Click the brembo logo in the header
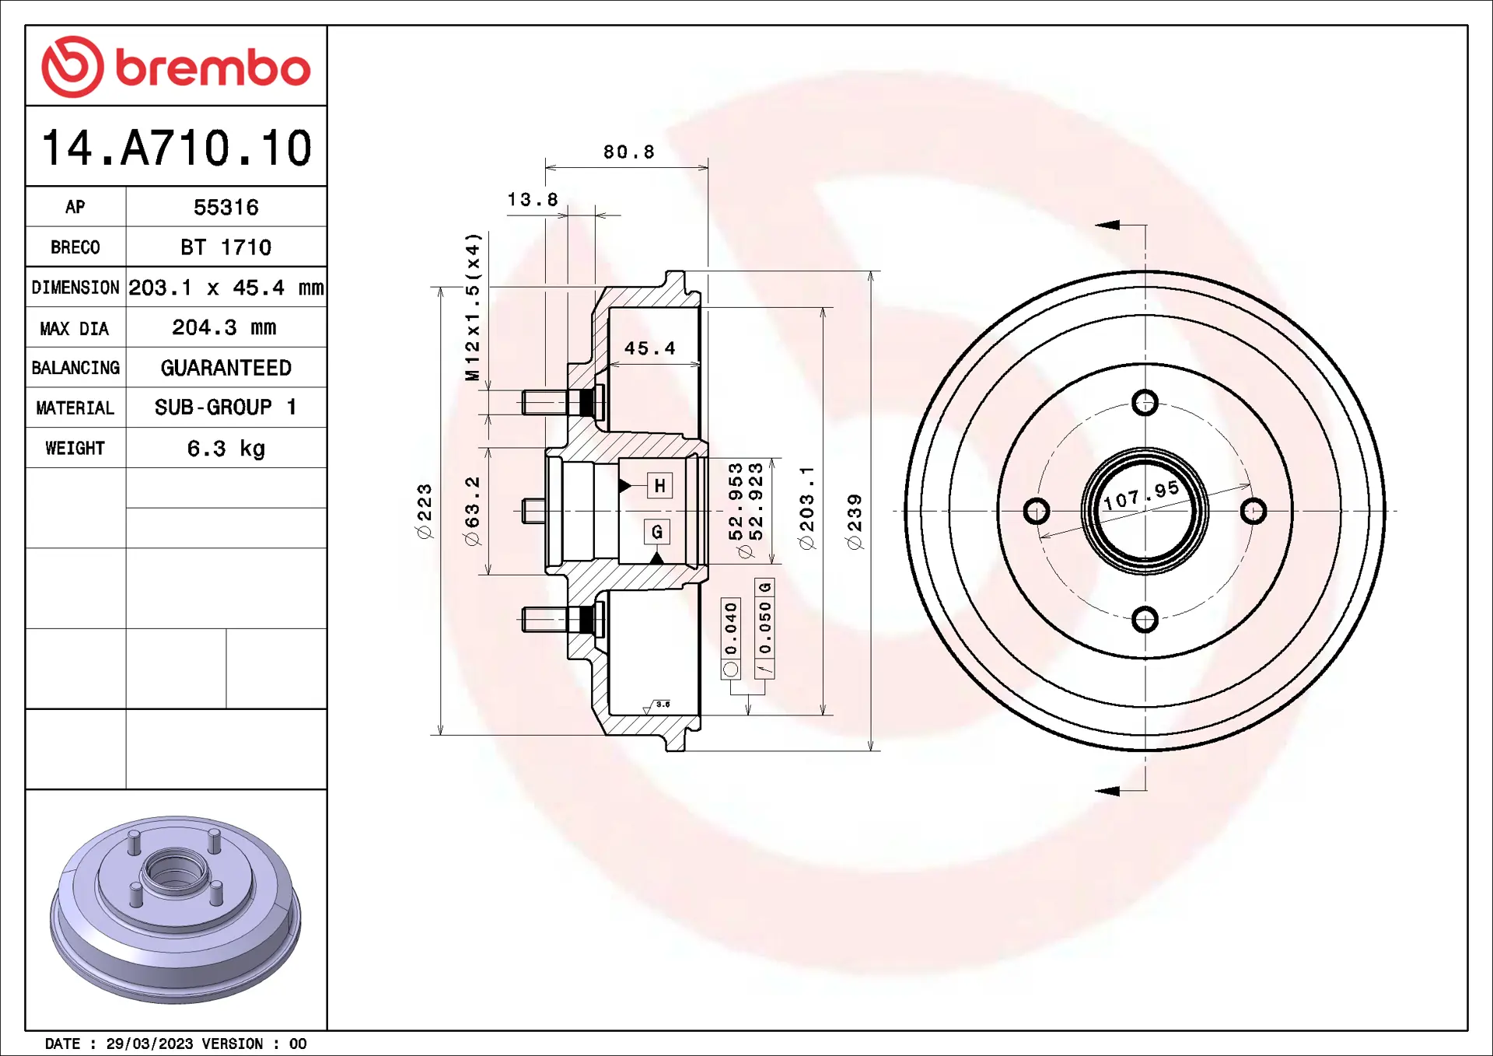(176, 67)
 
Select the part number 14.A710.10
(177, 148)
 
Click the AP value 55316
(226, 208)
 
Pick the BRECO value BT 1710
(226, 247)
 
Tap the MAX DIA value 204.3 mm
(224, 327)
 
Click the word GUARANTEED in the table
(226, 368)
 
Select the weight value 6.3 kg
(226, 449)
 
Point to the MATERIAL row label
(75, 408)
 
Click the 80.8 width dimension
(629, 152)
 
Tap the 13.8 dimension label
(533, 200)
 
